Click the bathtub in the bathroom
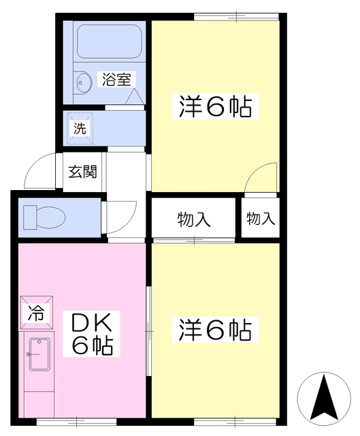[110, 41]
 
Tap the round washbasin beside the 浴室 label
[82, 82]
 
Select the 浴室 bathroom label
[116, 79]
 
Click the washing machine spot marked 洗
[80, 129]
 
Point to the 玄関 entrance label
[82, 172]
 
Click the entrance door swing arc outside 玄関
[34, 165]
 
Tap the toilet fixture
[44, 217]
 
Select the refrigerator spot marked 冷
[36, 313]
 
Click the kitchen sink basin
[39, 354]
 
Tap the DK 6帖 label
[92, 334]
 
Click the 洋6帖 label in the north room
[215, 107]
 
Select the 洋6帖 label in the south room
[215, 330]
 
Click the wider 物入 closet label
[194, 219]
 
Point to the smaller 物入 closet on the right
[261, 218]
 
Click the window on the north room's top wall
[236, 16]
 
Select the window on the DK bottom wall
[76, 422]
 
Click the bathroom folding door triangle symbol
[135, 97]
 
